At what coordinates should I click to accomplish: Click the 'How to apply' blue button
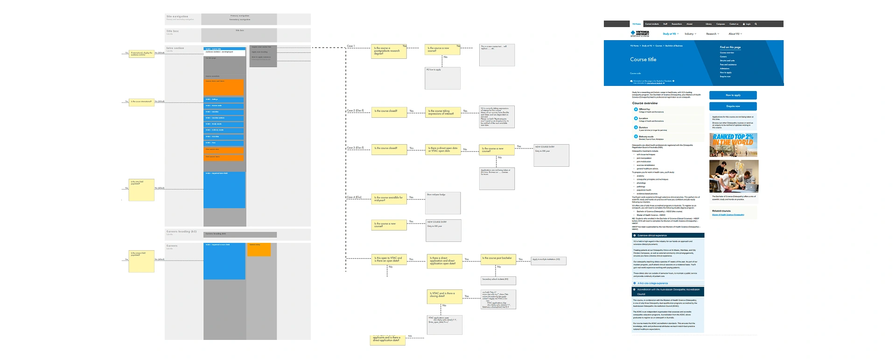[733, 95]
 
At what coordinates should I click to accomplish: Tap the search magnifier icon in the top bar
[756, 24]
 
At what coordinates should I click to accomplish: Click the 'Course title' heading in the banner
[643, 60]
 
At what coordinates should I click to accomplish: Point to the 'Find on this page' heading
[730, 47]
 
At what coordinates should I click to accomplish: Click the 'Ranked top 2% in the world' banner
[733, 145]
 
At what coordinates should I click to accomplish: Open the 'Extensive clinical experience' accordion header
[667, 236]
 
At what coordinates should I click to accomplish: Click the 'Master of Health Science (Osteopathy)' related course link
[728, 215]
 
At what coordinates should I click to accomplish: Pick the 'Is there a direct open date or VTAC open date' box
[443, 149]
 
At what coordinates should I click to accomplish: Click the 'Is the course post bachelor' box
[498, 259]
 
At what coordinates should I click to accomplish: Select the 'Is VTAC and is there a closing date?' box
[443, 296]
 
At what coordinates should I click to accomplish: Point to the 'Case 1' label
[351, 46]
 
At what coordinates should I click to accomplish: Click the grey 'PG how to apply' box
[442, 78]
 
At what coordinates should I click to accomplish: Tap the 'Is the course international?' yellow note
[141, 101]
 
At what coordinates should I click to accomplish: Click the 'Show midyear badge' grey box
[443, 203]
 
